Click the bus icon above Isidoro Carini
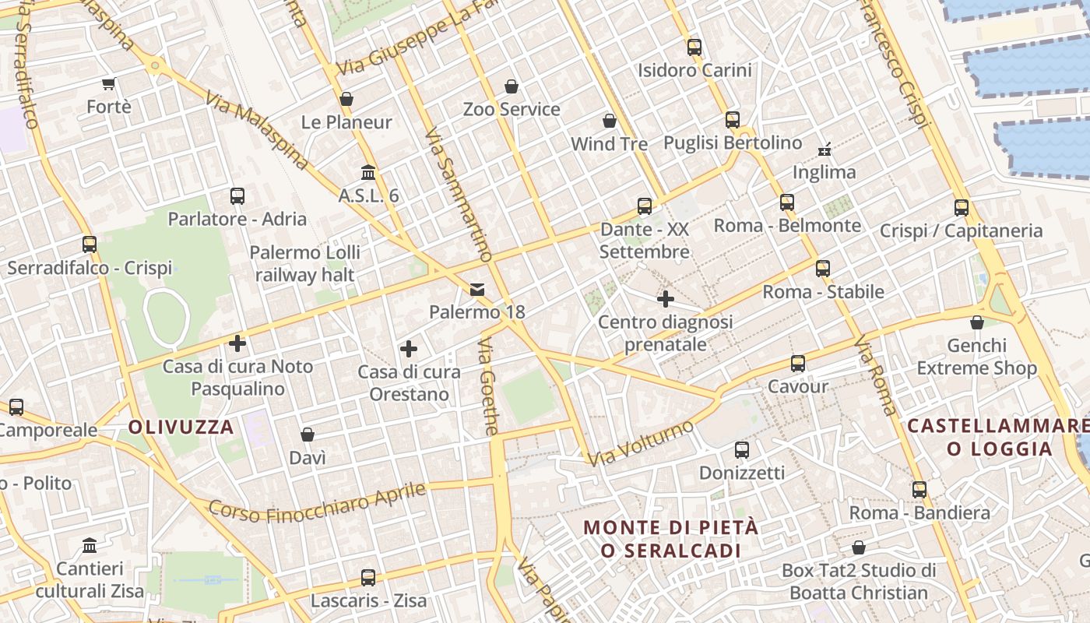pyautogui.click(x=694, y=48)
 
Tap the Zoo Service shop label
pyautogui.click(x=512, y=109)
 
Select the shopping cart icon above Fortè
pyautogui.click(x=109, y=83)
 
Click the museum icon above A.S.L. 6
pyautogui.click(x=368, y=172)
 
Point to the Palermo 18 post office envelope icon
pyautogui.click(x=477, y=290)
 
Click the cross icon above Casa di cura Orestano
pyautogui.click(x=409, y=349)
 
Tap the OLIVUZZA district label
pyautogui.click(x=181, y=427)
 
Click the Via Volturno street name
pyautogui.click(x=640, y=444)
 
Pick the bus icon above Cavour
pyautogui.click(x=798, y=364)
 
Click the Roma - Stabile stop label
pyautogui.click(x=823, y=292)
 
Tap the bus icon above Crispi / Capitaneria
pyautogui.click(x=962, y=208)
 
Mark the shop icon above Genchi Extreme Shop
pyautogui.click(x=977, y=322)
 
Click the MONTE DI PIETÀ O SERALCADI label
pyautogui.click(x=671, y=539)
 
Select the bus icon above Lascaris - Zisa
pyautogui.click(x=368, y=578)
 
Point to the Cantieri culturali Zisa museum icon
pyautogui.click(x=90, y=545)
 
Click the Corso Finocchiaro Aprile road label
pyautogui.click(x=318, y=503)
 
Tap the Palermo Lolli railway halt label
pyautogui.click(x=305, y=263)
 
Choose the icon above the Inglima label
pyautogui.click(x=825, y=149)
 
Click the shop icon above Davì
pyautogui.click(x=308, y=435)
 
